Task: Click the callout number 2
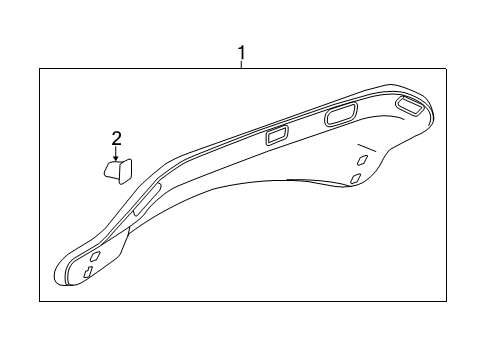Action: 116,138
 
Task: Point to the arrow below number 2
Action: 116,154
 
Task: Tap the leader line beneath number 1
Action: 240,63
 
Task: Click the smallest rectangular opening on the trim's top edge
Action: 276,136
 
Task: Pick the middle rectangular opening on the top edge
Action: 339,116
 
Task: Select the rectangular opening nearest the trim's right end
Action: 408,103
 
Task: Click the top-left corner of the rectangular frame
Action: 40,68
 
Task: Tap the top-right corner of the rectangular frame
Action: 446,68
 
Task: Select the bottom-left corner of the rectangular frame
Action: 40,300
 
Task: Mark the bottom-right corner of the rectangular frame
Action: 446,300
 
